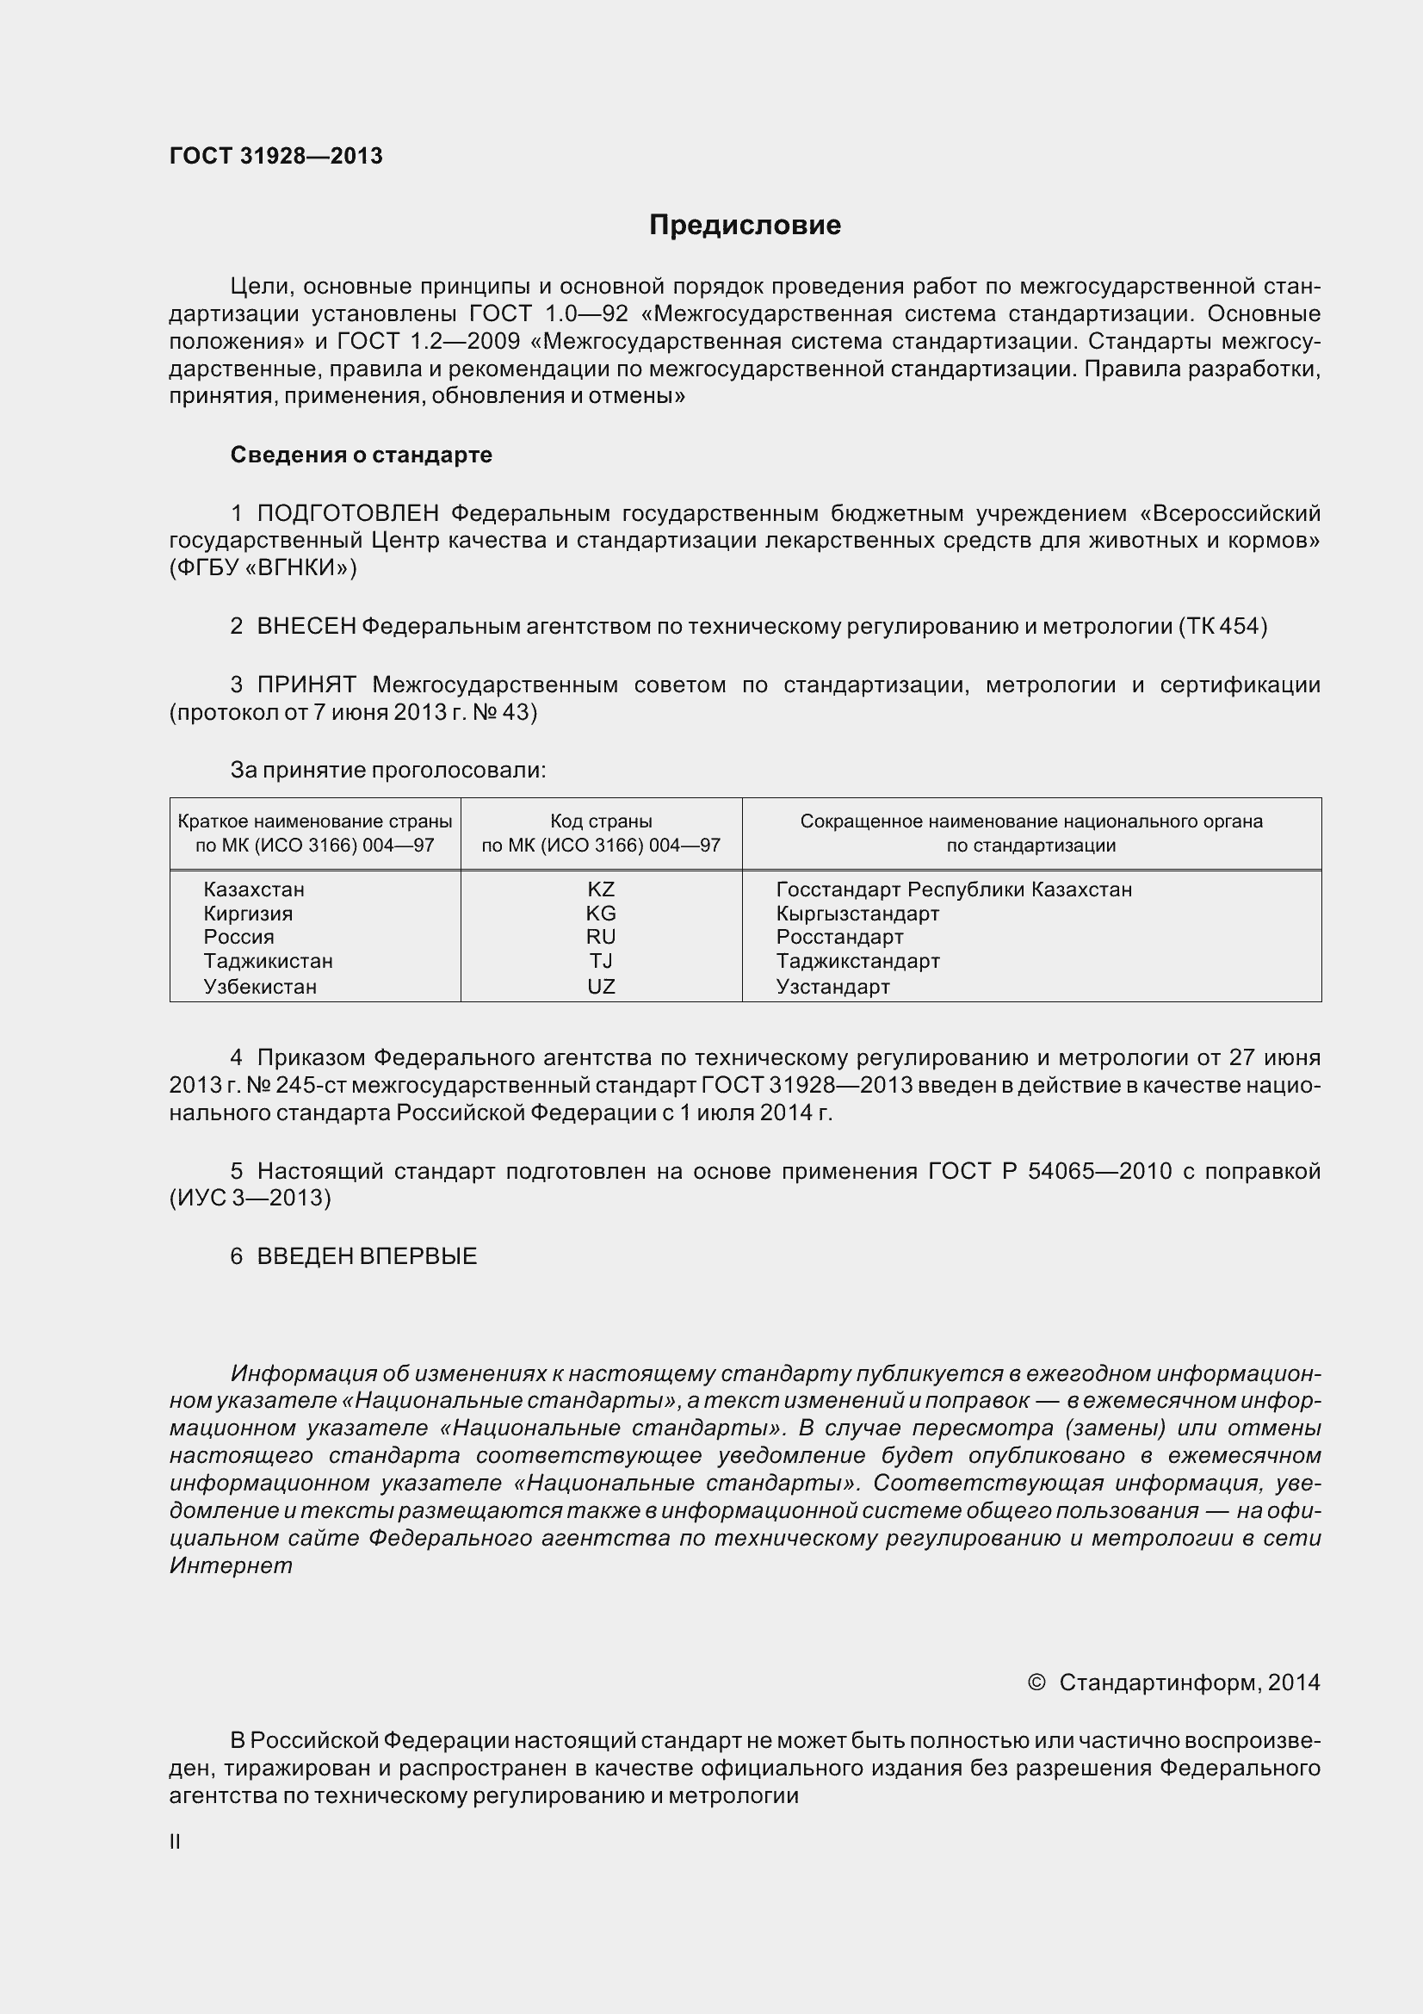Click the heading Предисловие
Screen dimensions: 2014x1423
(x=745, y=226)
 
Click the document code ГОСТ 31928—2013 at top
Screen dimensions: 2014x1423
(x=275, y=156)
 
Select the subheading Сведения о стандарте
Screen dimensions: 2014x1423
(x=361, y=455)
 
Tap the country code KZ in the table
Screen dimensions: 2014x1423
(x=601, y=889)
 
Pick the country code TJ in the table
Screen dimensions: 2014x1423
(x=601, y=961)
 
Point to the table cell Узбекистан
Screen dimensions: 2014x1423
(x=259, y=986)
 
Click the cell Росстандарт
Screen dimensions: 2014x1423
(x=839, y=937)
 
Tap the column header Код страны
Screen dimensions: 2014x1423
(x=601, y=821)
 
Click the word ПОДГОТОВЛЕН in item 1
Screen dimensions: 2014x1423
(x=348, y=513)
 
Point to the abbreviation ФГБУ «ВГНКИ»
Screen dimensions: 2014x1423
(x=263, y=567)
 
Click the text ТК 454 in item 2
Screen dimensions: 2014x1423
(x=1222, y=626)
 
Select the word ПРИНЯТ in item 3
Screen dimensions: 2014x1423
(x=306, y=685)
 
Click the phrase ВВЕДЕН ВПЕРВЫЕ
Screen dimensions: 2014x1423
(x=367, y=1256)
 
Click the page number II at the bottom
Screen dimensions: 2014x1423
(x=175, y=1842)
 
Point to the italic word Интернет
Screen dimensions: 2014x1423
(x=231, y=1565)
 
